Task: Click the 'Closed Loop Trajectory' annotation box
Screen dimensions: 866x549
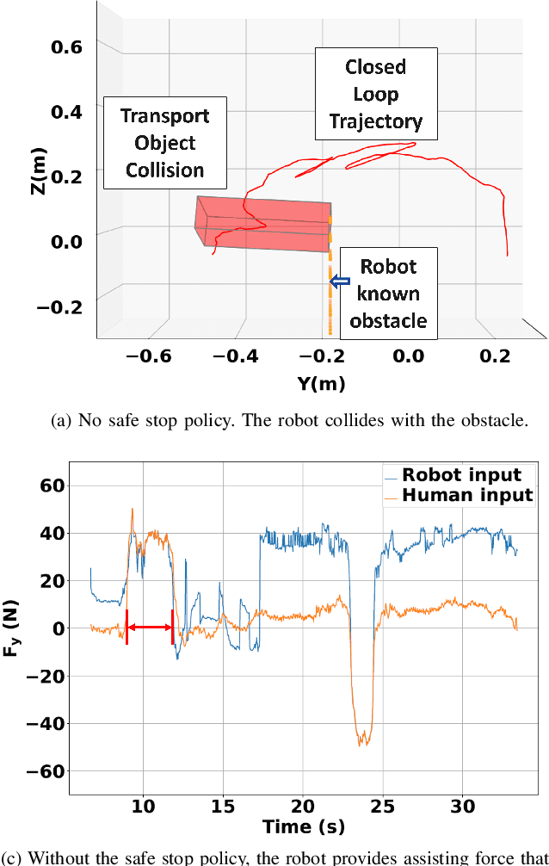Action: (x=375, y=94)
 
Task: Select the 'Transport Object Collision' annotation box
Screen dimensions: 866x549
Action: (x=164, y=143)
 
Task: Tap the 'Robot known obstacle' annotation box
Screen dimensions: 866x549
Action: (x=387, y=294)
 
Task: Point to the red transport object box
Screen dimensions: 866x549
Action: (x=262, y=223)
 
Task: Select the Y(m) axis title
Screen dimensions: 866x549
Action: (x=317, y=384)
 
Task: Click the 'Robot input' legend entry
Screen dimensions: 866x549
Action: (x=461, y=475)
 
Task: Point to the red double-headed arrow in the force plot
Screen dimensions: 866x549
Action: (x=150, y=628)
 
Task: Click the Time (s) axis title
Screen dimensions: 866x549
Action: (x=302, y=826)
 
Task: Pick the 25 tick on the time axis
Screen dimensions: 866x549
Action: (x=382, y=807)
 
